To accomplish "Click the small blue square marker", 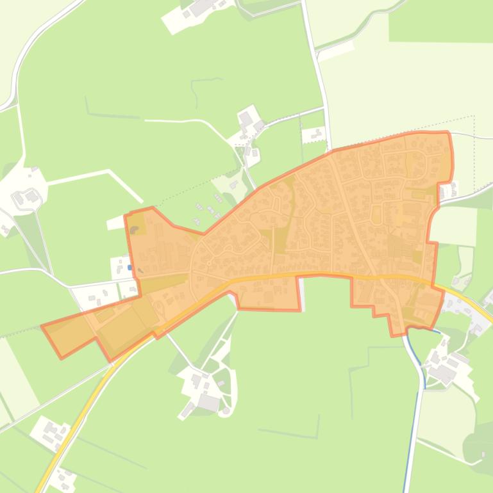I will click(x=130, y=268).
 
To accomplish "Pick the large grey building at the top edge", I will click(x=201, y=7).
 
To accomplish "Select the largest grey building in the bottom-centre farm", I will click(x=208, y=403).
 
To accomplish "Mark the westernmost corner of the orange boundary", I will click(x=42, y=327).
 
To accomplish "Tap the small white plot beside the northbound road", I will click(x=314, y=135).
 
